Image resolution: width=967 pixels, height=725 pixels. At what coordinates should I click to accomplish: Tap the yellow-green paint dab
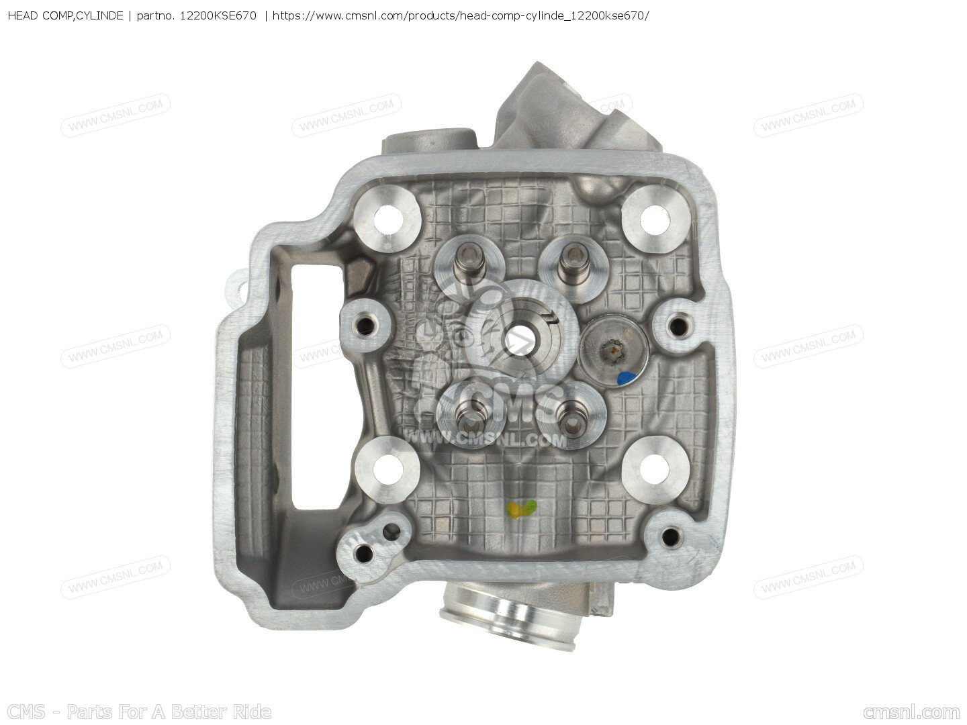[520, 510]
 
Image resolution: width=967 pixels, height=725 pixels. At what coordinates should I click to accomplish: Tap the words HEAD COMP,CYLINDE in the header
[64, 15]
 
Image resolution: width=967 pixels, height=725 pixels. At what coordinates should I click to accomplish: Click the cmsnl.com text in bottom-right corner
[911, 712]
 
